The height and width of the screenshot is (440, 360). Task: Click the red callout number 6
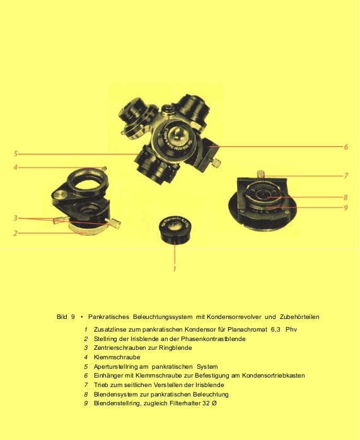pos(346,147)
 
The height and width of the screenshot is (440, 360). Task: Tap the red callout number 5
pos(16,154)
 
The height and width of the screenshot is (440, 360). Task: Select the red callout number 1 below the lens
pos(175,269)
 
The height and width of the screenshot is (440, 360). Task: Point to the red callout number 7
pos(346,176)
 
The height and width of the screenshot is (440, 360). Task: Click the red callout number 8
pos(345,197)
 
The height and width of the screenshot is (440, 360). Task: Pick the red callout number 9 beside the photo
pos(345,207)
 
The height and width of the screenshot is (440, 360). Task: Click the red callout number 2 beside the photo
pos(15,233)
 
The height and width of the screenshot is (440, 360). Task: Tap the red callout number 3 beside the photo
pos(15,218)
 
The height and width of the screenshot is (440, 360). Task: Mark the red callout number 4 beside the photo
pos(15,168)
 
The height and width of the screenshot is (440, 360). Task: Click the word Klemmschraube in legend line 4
pos(117,357)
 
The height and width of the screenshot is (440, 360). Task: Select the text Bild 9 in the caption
pos(66,317)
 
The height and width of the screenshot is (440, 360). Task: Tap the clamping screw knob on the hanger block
pos(216,163)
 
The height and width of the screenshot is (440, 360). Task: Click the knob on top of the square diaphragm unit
pos(261,173)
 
